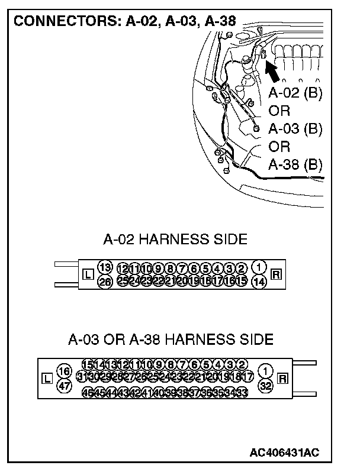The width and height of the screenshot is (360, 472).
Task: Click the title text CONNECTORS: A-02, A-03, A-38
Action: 124,22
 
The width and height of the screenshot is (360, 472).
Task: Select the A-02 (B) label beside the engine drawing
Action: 295,93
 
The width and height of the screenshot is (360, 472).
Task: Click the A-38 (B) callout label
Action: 295,164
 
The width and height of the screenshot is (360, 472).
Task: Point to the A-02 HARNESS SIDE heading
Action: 175,239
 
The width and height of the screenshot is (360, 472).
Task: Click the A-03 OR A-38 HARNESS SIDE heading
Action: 171,340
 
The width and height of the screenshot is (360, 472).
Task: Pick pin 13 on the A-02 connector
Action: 105,267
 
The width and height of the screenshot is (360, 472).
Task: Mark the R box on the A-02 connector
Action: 275,274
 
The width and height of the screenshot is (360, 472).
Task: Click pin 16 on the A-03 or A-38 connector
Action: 65,371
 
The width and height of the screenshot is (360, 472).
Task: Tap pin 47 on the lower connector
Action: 65,386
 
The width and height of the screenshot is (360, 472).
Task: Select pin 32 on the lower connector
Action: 266,386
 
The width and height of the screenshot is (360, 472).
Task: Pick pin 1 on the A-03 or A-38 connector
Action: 266,371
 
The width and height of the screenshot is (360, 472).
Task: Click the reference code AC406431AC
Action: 284,452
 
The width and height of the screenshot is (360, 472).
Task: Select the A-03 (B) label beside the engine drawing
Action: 295,129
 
